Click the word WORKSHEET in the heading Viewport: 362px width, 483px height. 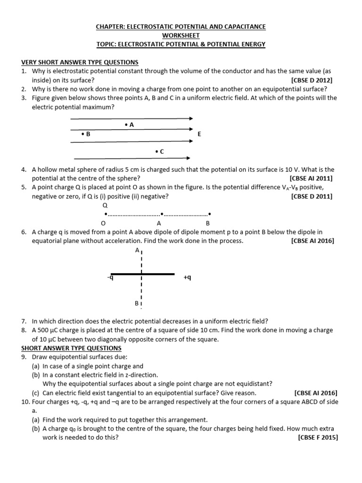click(181, 35)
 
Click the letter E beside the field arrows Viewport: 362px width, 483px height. click(199, 134)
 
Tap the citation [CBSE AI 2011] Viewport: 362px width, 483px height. click(311, 178)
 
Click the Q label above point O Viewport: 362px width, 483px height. click(105, 206)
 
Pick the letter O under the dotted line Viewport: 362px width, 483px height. click(103, 223)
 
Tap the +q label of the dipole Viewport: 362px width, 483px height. click(188, 278)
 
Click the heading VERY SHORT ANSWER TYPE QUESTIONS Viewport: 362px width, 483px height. click(80, 62)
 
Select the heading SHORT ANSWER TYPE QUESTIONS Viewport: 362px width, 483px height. click(71, 348)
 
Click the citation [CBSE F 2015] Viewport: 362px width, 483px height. click(318, 437)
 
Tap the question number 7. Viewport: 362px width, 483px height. click(24, 321)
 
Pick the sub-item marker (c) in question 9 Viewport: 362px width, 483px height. click(36, 392)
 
